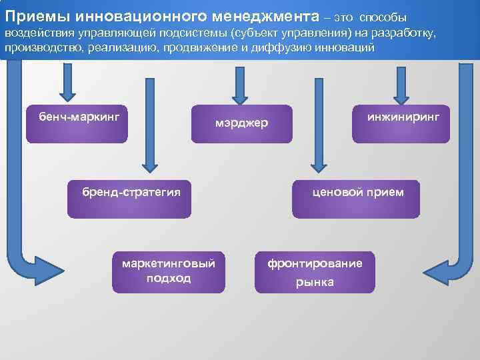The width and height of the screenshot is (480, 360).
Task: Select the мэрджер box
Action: coord(241,123)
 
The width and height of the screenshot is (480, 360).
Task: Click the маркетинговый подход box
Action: coord(169,271)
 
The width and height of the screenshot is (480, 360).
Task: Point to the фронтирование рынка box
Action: coord(315,271)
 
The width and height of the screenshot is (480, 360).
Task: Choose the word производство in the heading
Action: coord(39,48)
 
